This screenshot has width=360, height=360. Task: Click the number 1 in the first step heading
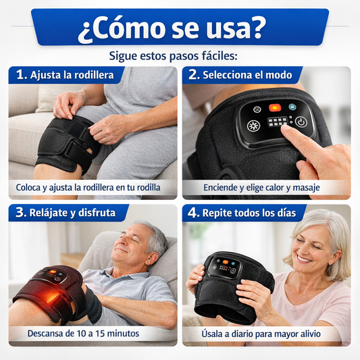(x=21, y=75)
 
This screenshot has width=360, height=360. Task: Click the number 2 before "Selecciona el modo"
(x=195, y=75)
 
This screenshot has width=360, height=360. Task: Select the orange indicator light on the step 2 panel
(x=275, y=107)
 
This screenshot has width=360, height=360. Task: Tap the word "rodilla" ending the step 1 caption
(x=145, y=187)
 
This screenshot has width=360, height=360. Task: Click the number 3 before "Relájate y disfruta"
(x=21, y=213)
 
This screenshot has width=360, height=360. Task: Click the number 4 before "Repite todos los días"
(x=195, y=213)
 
